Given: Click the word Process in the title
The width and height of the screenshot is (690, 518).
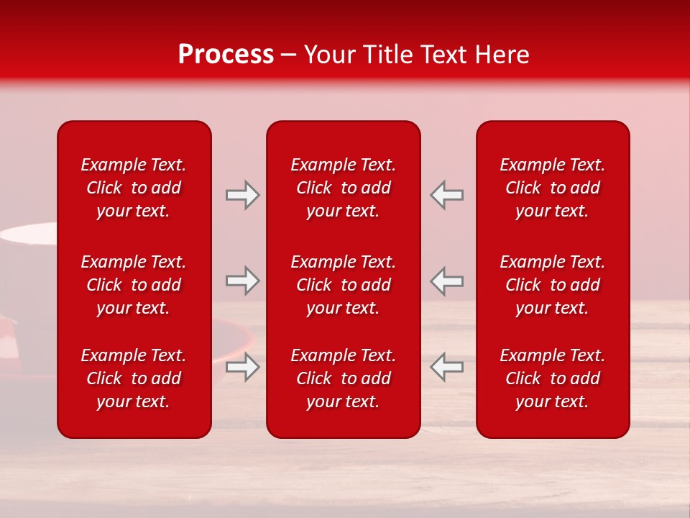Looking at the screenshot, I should click(x=226, y=55).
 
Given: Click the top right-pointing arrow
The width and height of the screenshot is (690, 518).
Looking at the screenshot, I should click(x=242, y=195).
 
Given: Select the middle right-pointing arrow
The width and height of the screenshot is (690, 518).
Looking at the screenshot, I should click(x=242, y=281).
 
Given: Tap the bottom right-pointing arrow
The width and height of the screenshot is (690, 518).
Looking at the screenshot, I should click(x=242, y=367).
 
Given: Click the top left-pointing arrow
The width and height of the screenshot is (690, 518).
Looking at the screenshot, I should click(x=447, y=195).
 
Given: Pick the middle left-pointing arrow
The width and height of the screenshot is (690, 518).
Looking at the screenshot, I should click(x=447, y=281).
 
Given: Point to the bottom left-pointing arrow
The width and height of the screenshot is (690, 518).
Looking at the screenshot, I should click(x=447, y=367).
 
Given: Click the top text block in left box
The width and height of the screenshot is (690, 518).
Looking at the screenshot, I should click(x=134, y=188).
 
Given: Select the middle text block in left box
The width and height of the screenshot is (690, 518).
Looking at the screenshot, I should click(x=134, y=285).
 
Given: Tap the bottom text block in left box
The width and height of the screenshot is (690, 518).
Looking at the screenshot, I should click(x=134, y=378).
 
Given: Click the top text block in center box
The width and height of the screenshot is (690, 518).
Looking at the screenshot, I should click(x=343, y=188).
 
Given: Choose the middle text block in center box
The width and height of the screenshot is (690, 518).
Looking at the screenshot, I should click(x=343, y=285).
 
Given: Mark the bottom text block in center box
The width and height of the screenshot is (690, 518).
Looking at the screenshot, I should click(x=343, y=378).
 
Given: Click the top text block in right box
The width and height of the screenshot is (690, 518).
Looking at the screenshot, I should click(x=552, y=188).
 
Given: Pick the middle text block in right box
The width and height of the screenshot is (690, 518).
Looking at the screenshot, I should click(x=552, y=285).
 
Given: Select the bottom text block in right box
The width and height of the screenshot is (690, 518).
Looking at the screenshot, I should click(x=552, y=378).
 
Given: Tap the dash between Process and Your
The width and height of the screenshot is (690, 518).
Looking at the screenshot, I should click(x=288, y=56).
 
